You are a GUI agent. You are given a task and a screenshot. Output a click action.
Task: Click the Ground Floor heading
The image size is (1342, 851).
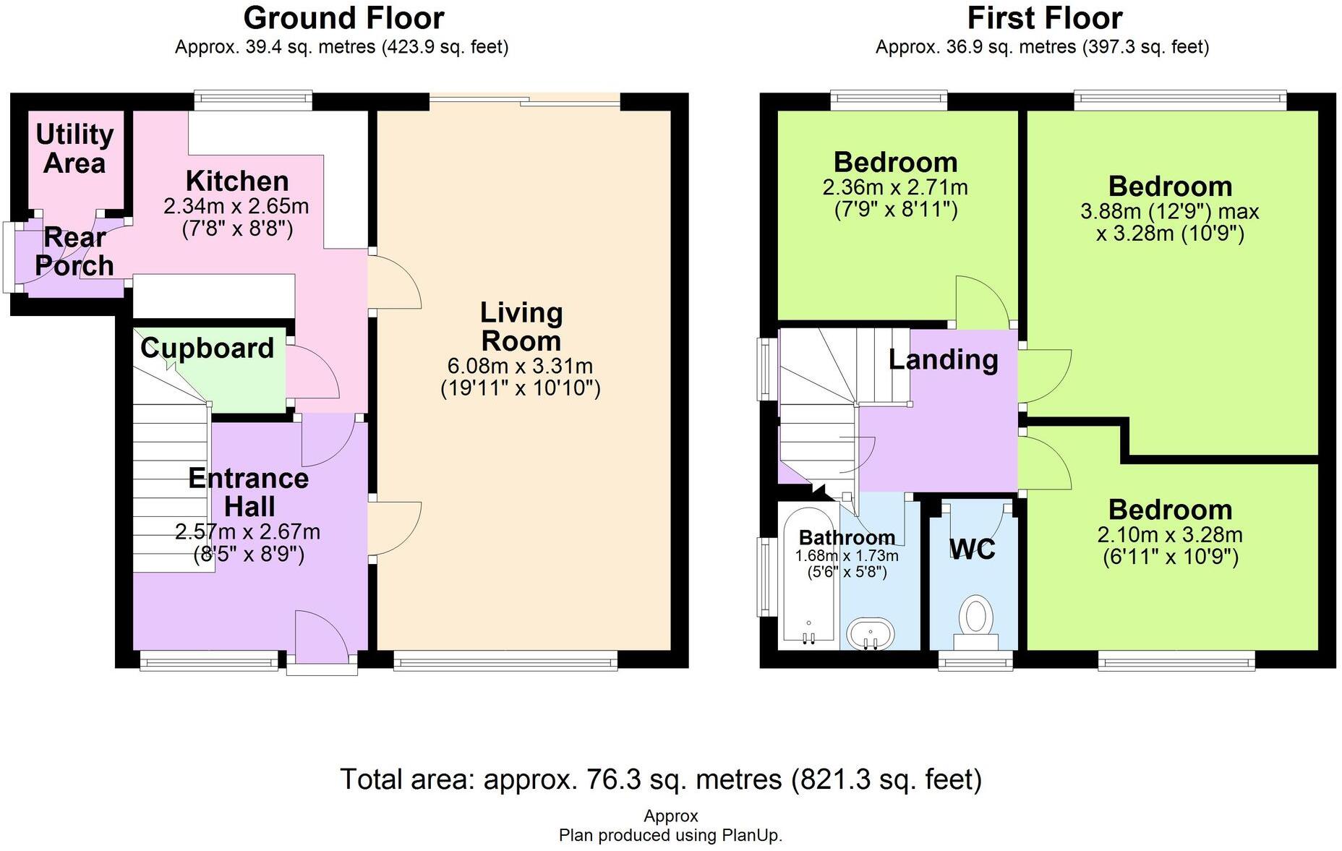tap(343, 18)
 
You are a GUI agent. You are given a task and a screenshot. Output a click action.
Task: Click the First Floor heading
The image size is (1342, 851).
tap(1044, 18)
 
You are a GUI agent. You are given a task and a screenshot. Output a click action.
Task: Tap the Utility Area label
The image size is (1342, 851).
tap(74, 148)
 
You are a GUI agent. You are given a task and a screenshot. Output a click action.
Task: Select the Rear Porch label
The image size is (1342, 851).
tap(74, 252)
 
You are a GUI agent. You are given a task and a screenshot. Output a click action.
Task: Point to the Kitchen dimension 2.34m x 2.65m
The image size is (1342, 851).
tap(236, 207)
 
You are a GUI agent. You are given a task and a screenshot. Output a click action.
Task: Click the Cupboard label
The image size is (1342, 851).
tap(208, 348)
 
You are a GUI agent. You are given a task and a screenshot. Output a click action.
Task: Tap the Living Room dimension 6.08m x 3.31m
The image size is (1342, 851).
tap(521, 366)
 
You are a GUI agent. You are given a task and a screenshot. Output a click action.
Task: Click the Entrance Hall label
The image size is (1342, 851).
tap(248, 492)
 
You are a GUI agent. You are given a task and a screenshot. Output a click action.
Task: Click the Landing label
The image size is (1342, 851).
tap(943, 359)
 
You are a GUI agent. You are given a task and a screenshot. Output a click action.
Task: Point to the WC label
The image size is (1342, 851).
tap(972, 549)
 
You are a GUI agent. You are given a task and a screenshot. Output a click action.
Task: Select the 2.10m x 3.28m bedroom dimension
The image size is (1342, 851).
tap(1170, 535)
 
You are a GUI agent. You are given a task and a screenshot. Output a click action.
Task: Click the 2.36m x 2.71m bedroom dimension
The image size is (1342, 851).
tap(895, 188)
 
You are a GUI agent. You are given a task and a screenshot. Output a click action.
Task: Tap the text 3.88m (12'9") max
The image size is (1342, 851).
tap(1169, 212)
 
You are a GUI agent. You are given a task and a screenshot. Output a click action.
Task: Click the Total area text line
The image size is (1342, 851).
tap(661, 779)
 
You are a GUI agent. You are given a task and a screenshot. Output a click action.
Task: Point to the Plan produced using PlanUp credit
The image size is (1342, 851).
tap(670, 836)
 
